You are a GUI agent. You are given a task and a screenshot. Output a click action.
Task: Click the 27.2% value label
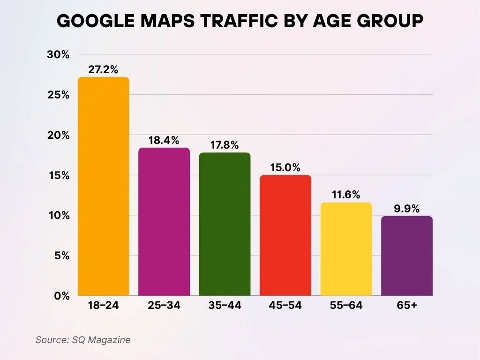point(103,69)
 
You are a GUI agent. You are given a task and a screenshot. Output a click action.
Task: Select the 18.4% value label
point(164,140)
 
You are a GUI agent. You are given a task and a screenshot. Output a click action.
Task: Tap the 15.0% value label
point(285,167)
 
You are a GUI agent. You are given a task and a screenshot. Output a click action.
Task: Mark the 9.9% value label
point(407,208)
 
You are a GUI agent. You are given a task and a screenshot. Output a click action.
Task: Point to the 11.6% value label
point(346,195)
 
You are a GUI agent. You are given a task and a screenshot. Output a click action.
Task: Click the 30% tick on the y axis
point(58,55)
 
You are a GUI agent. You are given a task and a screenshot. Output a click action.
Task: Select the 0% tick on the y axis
point(61,296)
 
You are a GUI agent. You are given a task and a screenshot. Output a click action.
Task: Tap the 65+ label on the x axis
point(407,306)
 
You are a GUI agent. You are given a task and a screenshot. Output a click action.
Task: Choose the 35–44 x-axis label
point(225,306)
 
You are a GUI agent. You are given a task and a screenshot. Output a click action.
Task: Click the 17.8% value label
point(225,145)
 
